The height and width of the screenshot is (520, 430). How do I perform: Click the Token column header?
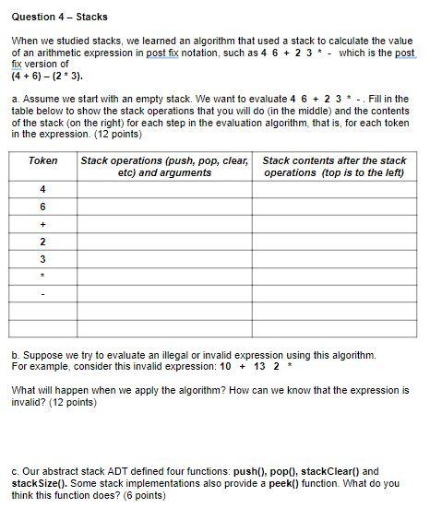click(x=43, y=160)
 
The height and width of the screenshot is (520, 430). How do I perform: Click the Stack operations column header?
click(x=165, y=166)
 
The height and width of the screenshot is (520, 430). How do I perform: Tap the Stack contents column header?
click(x=334, y=166)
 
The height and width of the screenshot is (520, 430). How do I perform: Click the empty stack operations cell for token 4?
click(x=165, y=190)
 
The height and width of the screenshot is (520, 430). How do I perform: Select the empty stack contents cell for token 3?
click(x=334, y=260)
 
